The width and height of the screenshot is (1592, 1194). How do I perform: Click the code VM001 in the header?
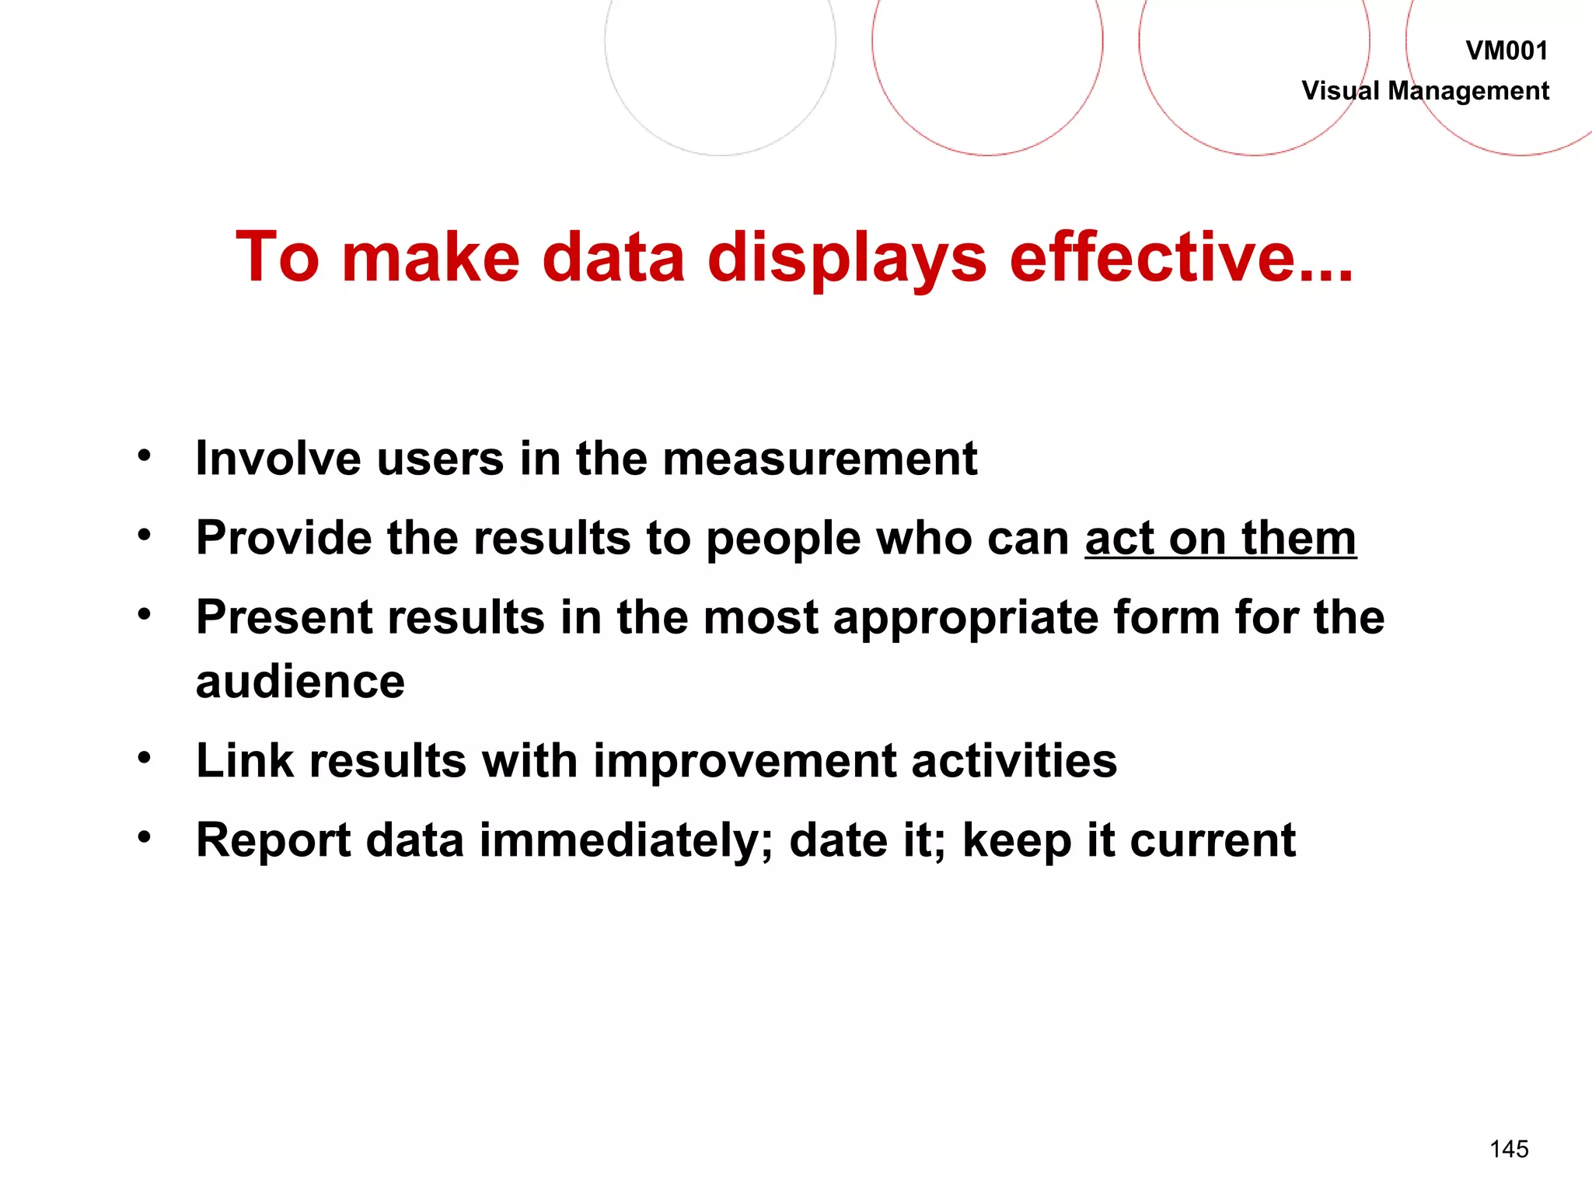[x=1506, y=51]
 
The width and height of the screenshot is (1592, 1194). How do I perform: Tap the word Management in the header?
[x=1468, y=91]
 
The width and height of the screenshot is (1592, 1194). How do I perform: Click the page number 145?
[x=1509, y=1149]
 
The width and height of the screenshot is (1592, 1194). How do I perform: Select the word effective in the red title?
[x=1181, y=257]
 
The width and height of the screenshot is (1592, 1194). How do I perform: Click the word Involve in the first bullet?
[x=278, y=458]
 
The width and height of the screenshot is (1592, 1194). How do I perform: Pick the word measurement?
[x=819, y=459]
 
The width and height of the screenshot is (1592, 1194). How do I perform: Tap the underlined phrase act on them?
[x=1220, y=538]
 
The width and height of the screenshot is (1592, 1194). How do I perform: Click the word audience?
[x=300, y=682]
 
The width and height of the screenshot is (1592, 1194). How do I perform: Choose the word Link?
[x=245, y=760]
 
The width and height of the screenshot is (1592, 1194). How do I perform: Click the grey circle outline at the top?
[x=720, y=155]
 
